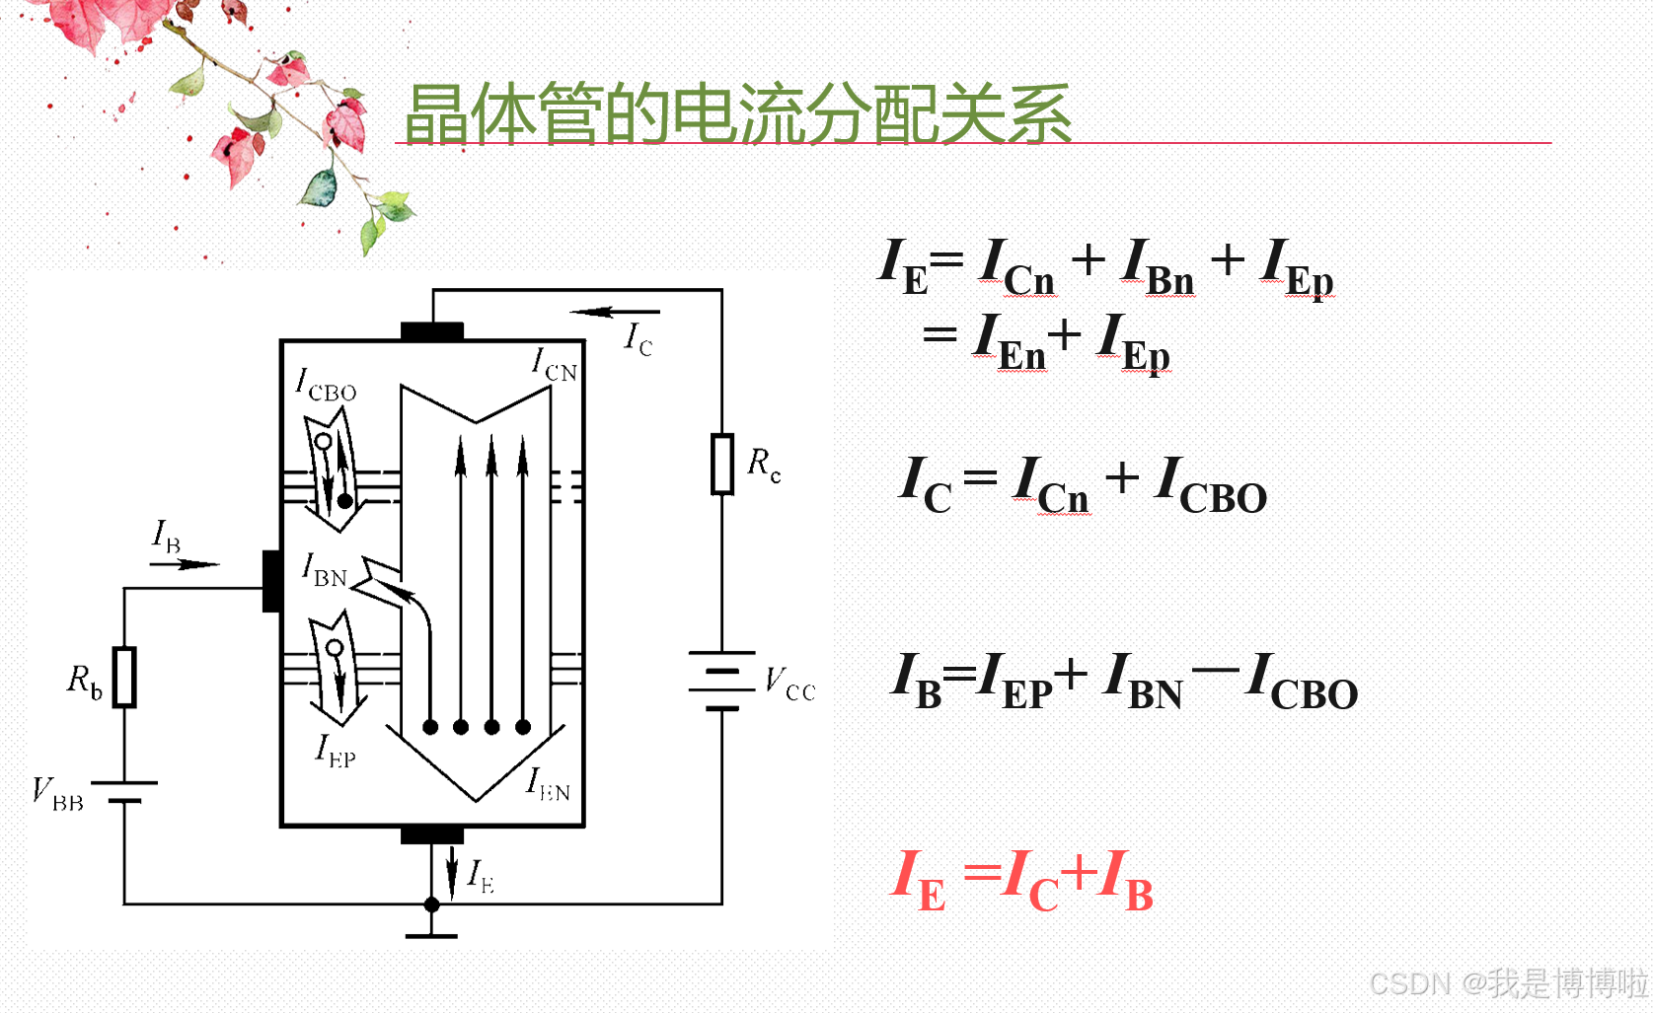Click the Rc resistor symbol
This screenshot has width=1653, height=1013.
[722, 464]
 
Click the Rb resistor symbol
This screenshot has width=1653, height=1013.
[124, 677]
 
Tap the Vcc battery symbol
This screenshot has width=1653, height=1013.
[722, 681]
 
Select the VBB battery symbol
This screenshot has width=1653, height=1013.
[124, 791]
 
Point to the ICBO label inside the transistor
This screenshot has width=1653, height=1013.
[326, 385]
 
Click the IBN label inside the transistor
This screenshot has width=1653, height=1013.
[325, 570]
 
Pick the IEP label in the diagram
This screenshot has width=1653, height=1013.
[336, 752]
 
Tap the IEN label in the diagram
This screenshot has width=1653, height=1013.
[548, 785]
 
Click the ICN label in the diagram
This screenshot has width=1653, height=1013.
[554, 365]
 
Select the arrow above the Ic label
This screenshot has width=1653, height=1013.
[612, 313]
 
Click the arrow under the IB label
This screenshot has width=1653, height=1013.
[185, 564]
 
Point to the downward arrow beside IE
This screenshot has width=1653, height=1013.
[452, 872]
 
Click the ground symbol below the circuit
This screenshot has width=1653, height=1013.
[431, 933]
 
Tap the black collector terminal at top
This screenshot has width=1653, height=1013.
[432, 331]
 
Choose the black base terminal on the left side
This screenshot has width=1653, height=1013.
[272, 581]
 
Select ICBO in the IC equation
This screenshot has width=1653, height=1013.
[1211, 485]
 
